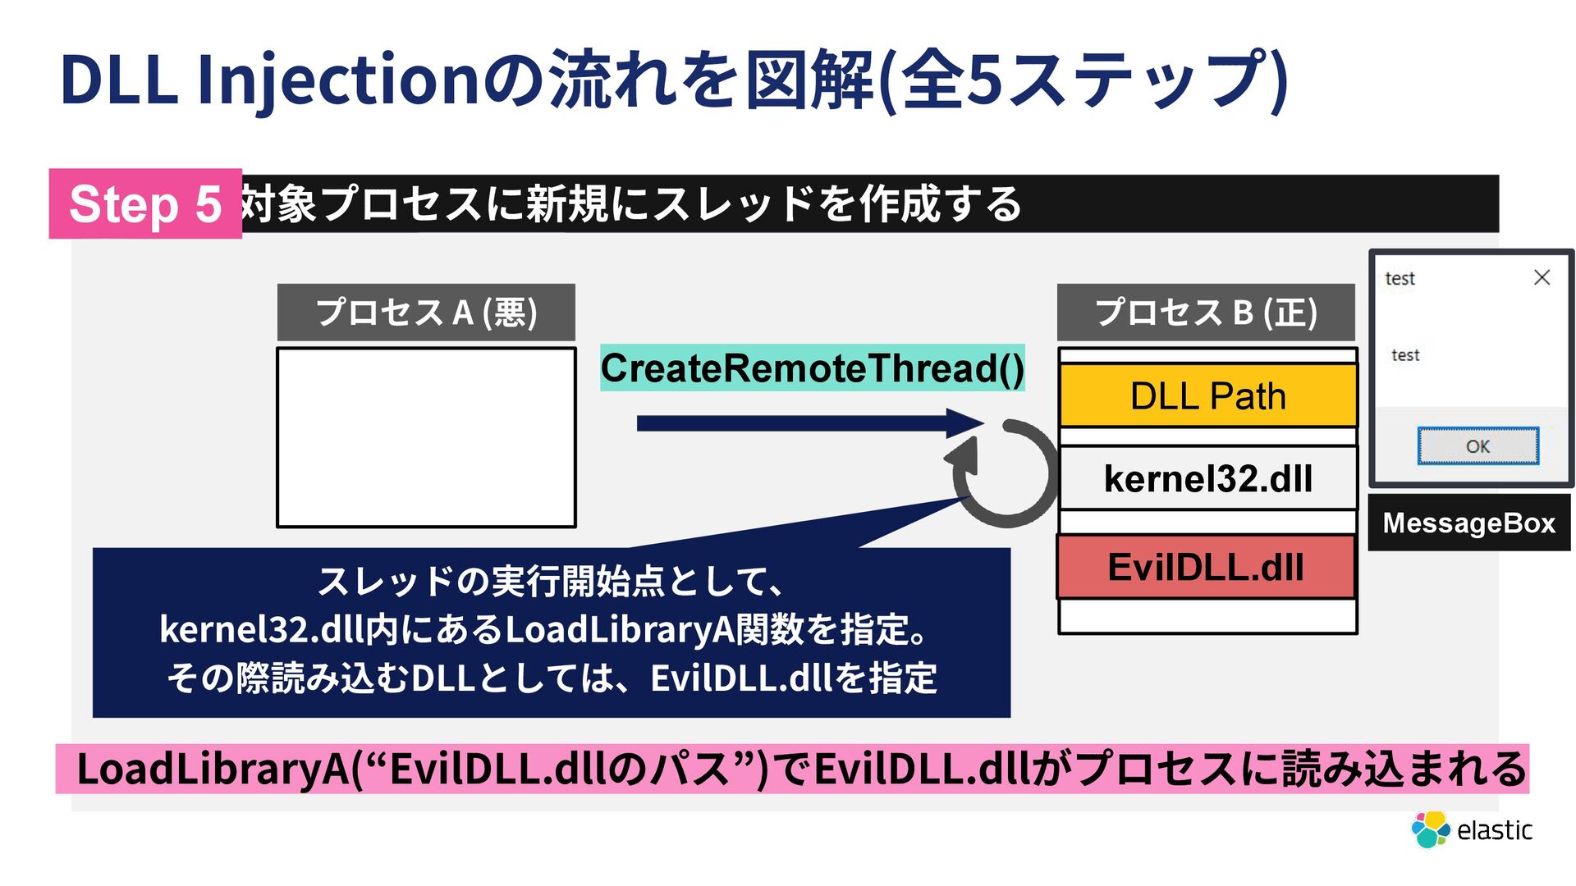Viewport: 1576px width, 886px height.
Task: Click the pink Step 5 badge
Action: coord(145,203)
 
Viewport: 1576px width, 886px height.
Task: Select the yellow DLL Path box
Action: coord(1207,396)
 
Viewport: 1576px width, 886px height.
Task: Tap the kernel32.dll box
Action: coord(1207,478)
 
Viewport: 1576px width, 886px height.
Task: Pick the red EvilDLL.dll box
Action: coord(1205,567)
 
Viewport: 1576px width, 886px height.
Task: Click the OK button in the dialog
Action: coord(1477,446)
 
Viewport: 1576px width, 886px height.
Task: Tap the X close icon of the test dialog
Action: coord(1542,278)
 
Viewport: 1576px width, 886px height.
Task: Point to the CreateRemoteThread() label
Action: coord(812,368)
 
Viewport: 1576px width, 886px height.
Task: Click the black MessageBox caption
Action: coord(1468,523)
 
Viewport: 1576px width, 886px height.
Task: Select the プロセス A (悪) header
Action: coord(426,313)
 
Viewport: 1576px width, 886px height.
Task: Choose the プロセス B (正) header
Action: coord(1206,313)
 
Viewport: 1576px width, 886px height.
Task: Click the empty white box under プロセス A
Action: coord(426,437)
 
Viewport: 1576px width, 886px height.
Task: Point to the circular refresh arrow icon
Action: coord(1005,473)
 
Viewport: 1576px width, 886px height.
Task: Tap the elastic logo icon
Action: coord(1430,829)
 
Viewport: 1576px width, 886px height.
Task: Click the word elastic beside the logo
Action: coord(1494,830)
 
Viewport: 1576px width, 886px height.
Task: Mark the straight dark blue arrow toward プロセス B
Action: coord(809,423)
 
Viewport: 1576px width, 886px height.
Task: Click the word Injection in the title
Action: coord(337,80)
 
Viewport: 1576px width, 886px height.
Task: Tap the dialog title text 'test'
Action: coord(1400,279)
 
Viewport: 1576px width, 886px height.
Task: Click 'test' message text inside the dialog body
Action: coord(1405,355)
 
